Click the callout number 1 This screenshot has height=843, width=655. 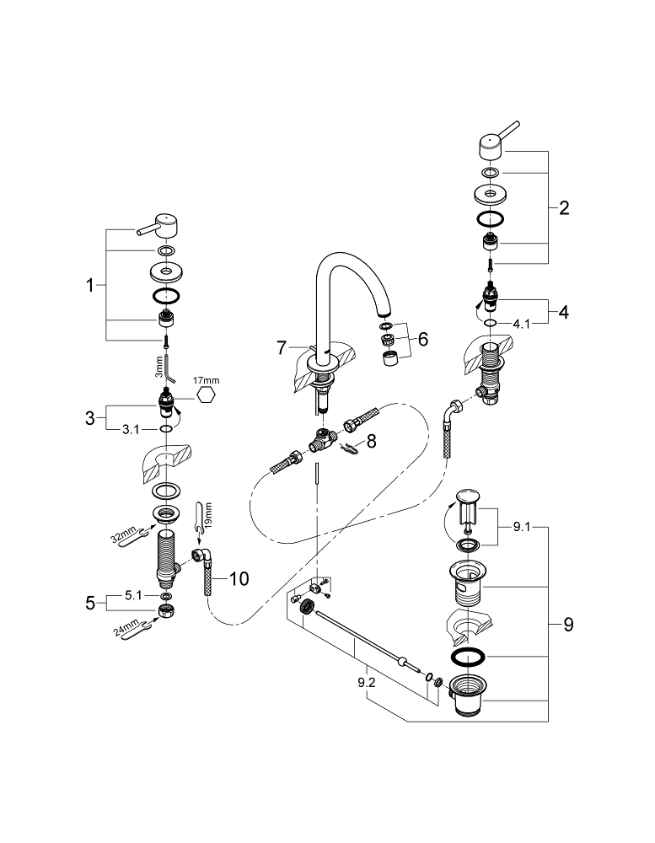click(x=90, y=286)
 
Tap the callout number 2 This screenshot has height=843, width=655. click(x=564, y=207)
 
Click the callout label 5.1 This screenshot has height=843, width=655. click(x=134, y=595)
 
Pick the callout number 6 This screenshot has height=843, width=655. click(x=422, y=339)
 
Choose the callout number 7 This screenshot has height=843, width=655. click(x=283, y=346)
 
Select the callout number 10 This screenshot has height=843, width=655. click(x=239, y=578)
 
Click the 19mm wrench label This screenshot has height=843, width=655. click(x=208, y=517)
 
